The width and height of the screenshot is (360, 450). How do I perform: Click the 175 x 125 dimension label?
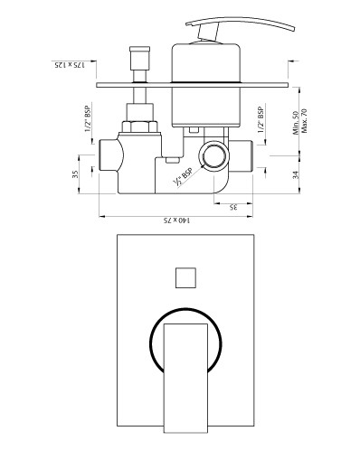click(x=70, y=65)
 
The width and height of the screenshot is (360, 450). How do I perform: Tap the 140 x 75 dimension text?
click(x=176, y=220)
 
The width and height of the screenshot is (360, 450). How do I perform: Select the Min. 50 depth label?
click(x=296, y=123)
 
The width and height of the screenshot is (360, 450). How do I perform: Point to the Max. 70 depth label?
click(x=304, y=121)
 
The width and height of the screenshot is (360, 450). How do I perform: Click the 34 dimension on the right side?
click(x=296, y=175)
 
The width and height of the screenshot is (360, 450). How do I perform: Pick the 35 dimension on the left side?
click(x=75, y=174)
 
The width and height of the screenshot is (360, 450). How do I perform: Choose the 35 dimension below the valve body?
click(x=233, y=207)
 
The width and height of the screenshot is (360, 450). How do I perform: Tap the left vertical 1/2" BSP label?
click(x=88, y=118)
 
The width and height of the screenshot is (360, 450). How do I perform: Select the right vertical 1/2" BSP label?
click(x=261, y=120)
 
